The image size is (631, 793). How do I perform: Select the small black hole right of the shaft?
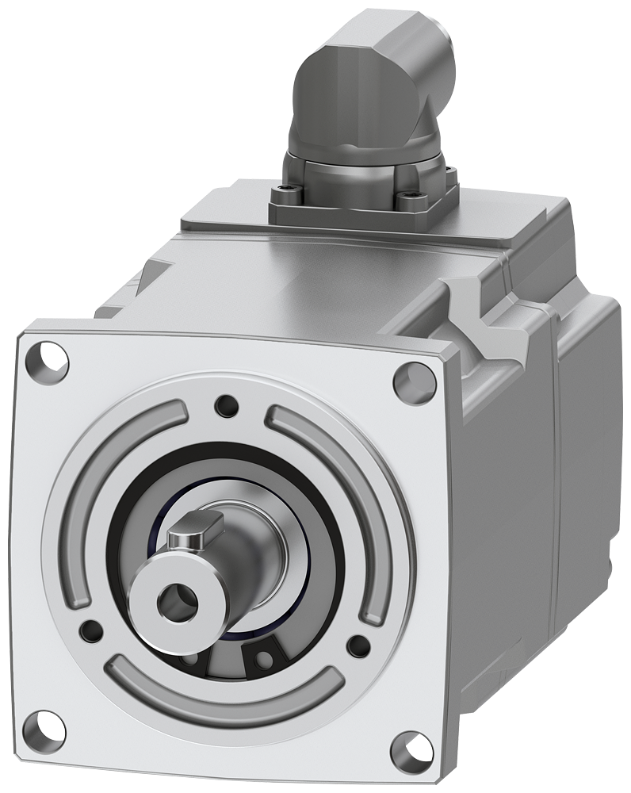(x=359, y=644)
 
